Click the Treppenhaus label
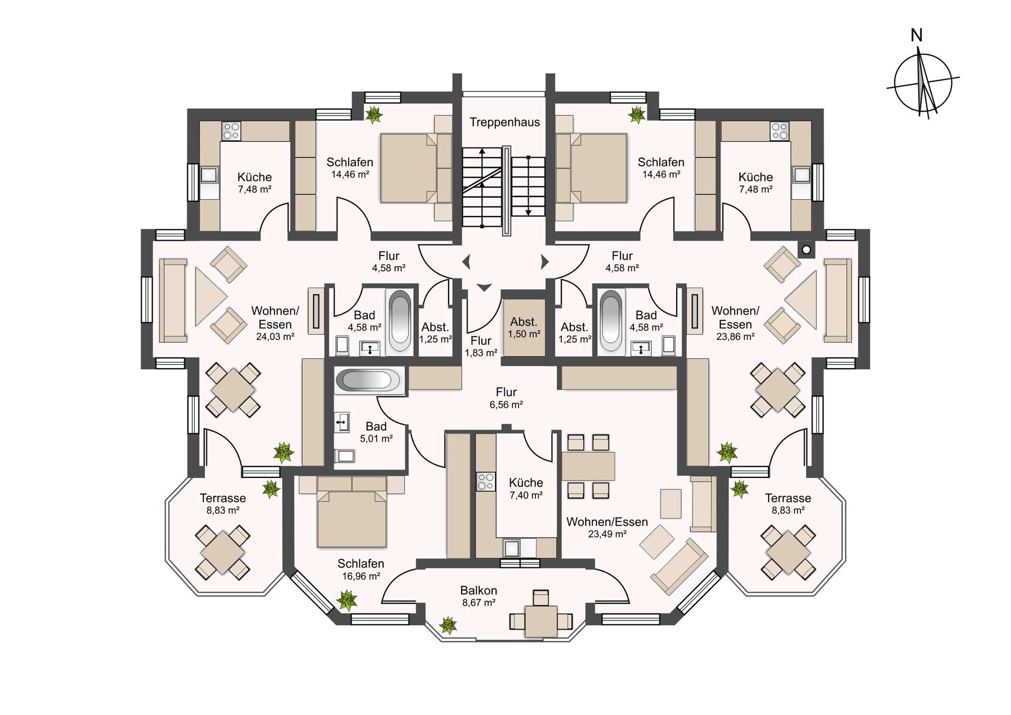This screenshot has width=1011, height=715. (x=504, y=122)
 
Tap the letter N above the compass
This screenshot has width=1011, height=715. (x=917, y=35)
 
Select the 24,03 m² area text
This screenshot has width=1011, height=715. (x=275, y=337)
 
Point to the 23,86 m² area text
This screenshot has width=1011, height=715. (x=735, y=337)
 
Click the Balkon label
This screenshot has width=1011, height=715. (x=479, y=590)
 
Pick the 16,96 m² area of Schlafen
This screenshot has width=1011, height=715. (x=361, y=576)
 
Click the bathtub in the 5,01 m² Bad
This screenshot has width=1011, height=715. (x=370, y=380)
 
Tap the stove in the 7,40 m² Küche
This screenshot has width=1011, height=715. (x=485, y=481)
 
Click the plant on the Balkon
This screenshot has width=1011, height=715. (x=448, y=625)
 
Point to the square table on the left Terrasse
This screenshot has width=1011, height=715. (x=223, y=552)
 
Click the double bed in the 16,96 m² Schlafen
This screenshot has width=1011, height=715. (x=352, y=512)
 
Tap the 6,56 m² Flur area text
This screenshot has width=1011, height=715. (x=506, y=405)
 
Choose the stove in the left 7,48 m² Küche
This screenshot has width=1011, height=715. (x=231, y=131)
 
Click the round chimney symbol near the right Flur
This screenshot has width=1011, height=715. (x=806, y=250)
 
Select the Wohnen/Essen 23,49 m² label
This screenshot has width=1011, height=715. (x=607, y=527)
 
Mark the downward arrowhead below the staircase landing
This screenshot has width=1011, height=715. (x=484, y=287)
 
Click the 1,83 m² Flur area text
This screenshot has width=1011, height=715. (x=481, y=353)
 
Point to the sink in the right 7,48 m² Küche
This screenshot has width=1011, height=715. (x=802, y=174)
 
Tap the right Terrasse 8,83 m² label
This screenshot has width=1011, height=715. (x=788, y=504)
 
